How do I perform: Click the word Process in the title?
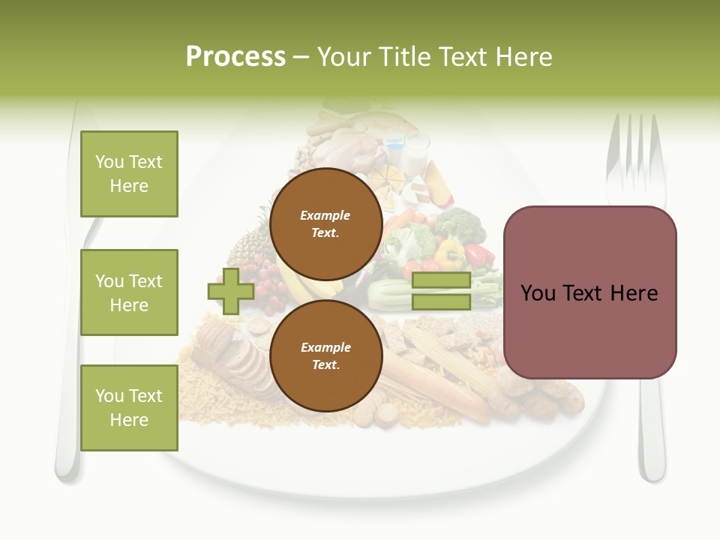point(235,56)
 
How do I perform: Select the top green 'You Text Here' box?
point(129,174)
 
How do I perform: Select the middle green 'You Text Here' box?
point(129,292)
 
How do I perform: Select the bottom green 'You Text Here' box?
point(129,407)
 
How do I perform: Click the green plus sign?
point(230,291)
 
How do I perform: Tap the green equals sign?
point(441,291)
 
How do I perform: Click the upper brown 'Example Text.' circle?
point(325,223)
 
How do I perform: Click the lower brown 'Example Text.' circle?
point(325,355)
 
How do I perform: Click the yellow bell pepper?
point(449,253)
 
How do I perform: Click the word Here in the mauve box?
point(634,293)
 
